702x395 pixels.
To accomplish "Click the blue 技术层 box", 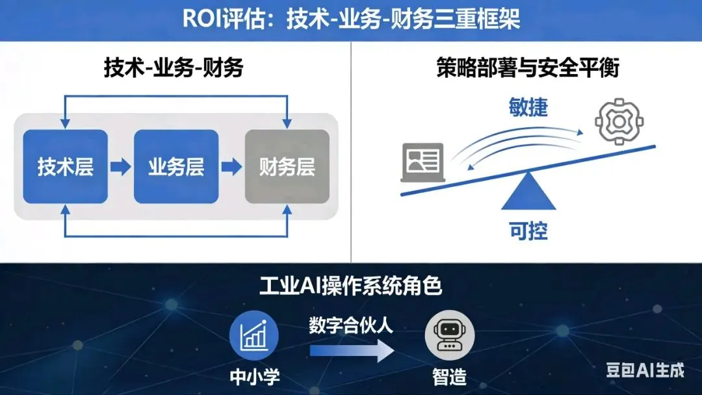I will point(65,166).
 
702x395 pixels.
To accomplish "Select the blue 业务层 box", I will point(175,166).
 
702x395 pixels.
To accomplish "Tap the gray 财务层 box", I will point(287,166).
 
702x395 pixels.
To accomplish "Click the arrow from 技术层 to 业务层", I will point(120,167).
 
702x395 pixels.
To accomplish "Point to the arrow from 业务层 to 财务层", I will point(231,167).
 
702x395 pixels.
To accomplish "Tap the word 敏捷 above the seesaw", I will point(528,108).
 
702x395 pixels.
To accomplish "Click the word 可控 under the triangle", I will point(528,231).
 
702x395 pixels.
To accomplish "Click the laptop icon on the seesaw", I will point(422,162).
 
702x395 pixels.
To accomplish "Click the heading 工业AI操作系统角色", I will point(351,286).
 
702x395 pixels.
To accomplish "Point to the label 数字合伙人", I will point(351,325).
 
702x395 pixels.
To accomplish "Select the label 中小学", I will point(254,377).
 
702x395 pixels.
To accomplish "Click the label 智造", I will point(449,377).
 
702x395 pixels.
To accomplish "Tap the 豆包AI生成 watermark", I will point(645,370).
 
